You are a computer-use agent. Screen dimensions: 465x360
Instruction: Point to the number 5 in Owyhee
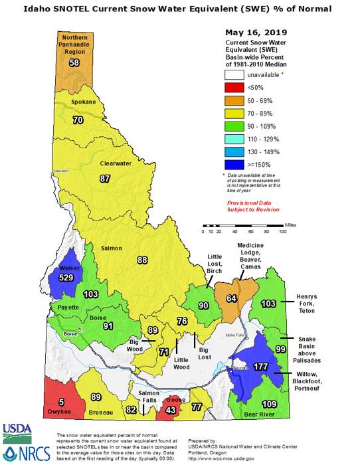[x=61, y=401]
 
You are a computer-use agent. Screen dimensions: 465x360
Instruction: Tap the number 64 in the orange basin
[x=231, y=298]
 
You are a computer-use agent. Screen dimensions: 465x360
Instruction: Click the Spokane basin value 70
[x=77, y=120]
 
